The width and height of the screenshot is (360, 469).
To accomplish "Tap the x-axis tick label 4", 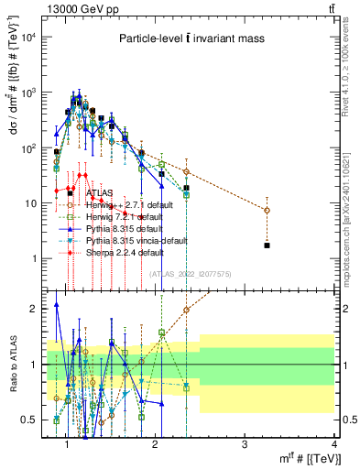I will (334, 444).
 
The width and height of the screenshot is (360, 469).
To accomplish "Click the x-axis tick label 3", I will (245, 444).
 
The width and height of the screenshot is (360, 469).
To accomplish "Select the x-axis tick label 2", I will (155, 444).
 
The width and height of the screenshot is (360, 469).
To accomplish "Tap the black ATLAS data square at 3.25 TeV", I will (267, 245).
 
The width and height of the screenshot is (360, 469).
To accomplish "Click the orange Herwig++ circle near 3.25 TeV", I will (267, 211).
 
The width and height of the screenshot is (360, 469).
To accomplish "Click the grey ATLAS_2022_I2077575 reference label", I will (190, 274).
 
